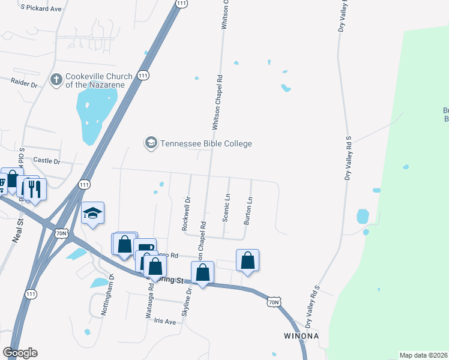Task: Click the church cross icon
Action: coord(56,79)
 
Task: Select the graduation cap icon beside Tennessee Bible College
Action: coord(150,143)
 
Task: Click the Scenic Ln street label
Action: coord(227,208)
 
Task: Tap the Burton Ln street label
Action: coord(247,211)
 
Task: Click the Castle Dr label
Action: coord(47,161)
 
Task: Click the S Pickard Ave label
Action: coord(41,8)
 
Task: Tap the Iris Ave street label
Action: coord(164,322)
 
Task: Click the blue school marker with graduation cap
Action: coord(92,213)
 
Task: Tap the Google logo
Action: coord(20,353)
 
